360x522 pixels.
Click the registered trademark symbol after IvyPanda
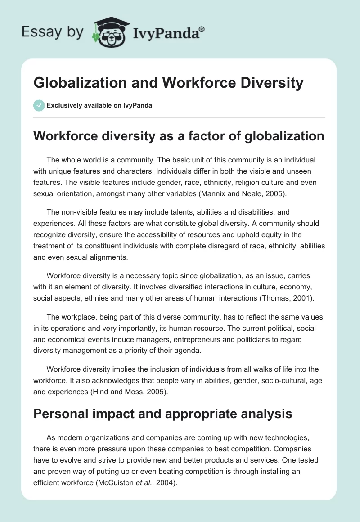click(x=202, y=29)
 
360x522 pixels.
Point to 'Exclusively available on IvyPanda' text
click(x=99, y=106)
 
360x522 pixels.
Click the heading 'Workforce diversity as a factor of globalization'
click(x=179, y=136)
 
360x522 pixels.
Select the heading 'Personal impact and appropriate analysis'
click(x=163, y=414)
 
